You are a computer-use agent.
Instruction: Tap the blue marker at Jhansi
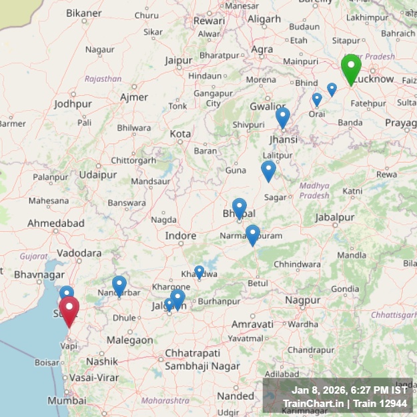(283, 117)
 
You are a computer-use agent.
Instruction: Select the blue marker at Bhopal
(240, 207)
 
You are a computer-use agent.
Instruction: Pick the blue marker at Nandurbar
(119, 285)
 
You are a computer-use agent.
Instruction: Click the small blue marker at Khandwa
(199, 271)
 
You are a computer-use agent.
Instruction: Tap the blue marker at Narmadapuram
(252, 234)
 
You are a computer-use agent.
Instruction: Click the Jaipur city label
(178, 60)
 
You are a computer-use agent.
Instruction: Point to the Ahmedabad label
(56, 224)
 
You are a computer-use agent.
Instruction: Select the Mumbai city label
(67, 400)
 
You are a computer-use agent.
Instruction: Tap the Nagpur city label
(303, 300)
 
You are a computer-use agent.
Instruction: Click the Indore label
(181, 236)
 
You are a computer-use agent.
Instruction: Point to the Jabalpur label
(334, 218)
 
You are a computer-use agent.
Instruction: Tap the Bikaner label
(84, 13)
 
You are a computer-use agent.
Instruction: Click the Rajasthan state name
(103, 79)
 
